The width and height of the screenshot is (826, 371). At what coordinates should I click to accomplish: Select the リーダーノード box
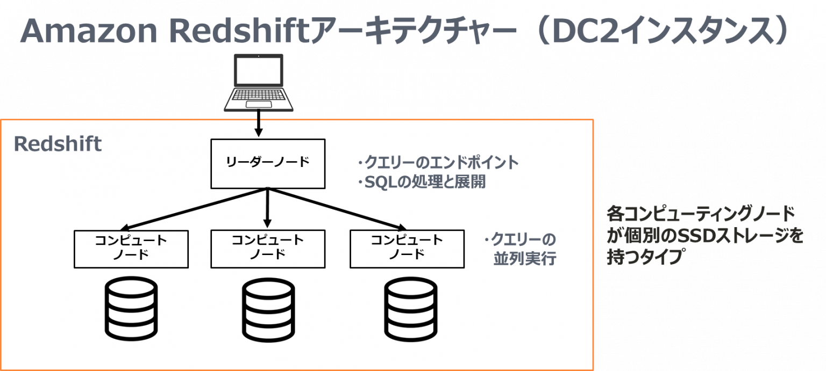(x=267, y=163)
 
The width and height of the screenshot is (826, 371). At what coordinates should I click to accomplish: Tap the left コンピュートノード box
(x=131, y=249)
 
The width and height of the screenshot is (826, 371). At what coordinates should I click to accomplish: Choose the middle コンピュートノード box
(x=267, y=249)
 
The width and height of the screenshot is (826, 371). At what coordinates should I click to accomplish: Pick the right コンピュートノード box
(x=407, y=249)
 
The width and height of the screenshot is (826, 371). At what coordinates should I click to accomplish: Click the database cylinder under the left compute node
(x=131, y=308)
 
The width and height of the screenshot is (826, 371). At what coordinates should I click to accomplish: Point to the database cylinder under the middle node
(x=267, y=308)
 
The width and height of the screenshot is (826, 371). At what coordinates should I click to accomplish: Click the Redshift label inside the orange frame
(x=58, y=144)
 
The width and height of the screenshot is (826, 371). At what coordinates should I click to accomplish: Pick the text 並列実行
(x=524, y=259)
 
